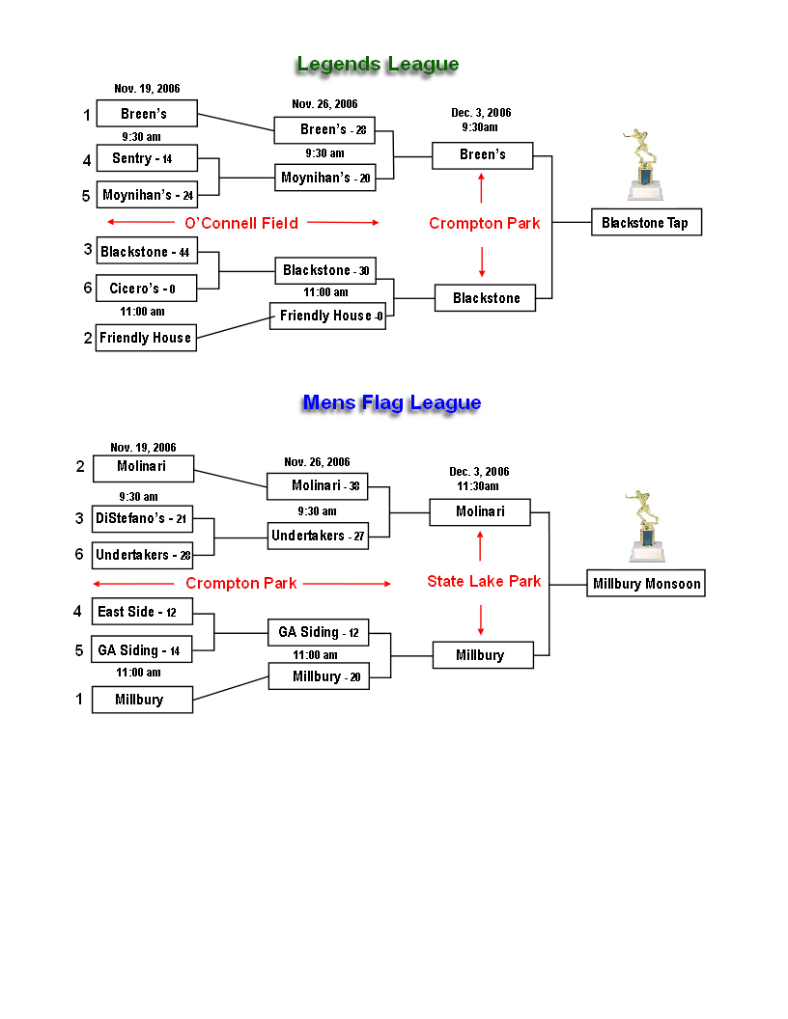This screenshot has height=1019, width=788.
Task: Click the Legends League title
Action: (378, 65)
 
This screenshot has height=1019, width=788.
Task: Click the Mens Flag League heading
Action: (392, 403)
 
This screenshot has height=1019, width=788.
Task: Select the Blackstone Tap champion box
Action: (646, 222)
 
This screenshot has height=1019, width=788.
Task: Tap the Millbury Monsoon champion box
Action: (646, 583)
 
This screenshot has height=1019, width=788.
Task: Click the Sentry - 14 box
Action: (147, 158)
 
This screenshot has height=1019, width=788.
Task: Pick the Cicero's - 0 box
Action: (146, 288)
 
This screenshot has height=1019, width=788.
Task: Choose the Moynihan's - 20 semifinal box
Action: (325, 178)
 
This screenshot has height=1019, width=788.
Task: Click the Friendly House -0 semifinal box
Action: (327, 316)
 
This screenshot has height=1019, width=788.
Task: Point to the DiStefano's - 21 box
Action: (142, 518)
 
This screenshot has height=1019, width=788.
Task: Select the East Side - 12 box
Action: (142, 612)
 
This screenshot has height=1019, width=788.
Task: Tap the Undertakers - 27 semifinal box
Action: (318, 537)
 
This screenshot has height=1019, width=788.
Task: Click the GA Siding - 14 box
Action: (142, 649)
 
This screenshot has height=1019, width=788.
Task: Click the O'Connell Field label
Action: (241, 224)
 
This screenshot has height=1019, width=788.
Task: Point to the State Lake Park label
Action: (484, 581)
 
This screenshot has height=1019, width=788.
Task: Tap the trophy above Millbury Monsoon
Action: (646, 526)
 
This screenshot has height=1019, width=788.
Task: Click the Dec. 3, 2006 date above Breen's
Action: (481, 113)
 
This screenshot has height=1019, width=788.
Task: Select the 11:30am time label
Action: (478, 486)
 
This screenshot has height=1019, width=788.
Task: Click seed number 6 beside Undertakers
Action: (79, 554)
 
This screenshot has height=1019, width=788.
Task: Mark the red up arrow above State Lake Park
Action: (481, 546)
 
